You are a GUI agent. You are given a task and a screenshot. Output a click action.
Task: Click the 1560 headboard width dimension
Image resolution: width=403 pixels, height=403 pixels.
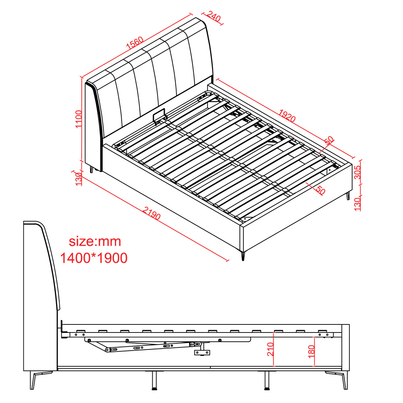135,43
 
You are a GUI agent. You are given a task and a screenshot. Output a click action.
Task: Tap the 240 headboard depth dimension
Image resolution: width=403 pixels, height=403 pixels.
214,17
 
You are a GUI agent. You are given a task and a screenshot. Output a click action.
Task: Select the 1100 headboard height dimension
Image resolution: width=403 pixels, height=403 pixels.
79,119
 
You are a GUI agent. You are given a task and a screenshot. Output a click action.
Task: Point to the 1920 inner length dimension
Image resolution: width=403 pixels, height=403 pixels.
287,116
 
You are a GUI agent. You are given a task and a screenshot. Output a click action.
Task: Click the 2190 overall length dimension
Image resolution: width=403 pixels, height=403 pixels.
152,213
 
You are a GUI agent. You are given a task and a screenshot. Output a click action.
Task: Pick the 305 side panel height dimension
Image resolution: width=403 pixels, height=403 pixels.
357,172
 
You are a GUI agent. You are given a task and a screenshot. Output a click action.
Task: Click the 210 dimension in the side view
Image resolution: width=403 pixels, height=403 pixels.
270,349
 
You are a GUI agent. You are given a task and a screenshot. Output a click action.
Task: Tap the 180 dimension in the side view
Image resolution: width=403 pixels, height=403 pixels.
311,351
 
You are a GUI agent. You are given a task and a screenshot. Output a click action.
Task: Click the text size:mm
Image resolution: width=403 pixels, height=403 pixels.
95,241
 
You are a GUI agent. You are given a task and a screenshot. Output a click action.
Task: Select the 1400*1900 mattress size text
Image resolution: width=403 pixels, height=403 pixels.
94,258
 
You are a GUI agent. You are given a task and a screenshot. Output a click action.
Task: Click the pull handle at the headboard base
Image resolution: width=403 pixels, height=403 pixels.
159,116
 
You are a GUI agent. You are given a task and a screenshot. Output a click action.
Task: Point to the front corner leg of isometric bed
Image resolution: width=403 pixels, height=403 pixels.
243,256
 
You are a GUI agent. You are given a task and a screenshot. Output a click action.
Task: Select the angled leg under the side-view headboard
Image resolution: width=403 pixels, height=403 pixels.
39,380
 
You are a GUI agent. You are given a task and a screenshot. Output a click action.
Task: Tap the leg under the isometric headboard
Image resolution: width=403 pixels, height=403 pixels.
91,170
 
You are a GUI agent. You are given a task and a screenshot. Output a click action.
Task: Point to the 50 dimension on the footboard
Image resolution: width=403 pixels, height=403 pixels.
320,190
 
